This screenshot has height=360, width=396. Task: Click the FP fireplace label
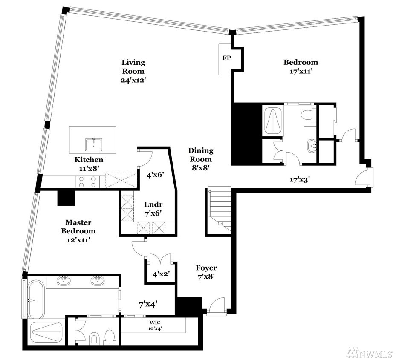tap(226, 58)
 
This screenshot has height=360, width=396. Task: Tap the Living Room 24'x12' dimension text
tap(133, 80)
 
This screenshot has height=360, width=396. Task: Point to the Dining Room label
tap(201, 155)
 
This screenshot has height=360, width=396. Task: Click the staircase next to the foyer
tap(219, 210)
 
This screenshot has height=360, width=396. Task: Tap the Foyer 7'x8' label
tap(206, 272)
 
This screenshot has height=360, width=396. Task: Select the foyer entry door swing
tap(216, 305)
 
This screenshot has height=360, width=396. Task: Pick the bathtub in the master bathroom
tap(36, 300)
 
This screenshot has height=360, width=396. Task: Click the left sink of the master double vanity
tap(64, 280)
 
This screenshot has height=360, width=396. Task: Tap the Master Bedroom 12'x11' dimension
tap(78, 239)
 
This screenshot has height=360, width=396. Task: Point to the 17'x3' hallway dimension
tap(300, 180)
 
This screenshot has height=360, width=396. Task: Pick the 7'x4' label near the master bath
tap(149, 305)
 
